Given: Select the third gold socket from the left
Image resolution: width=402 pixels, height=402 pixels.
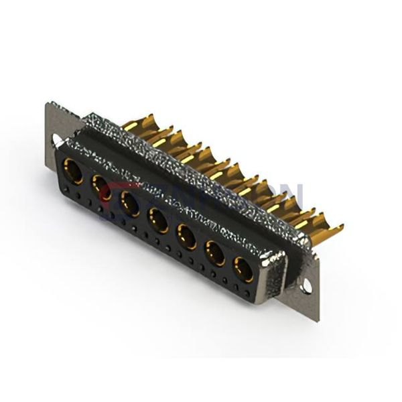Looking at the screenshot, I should tap(129, 202).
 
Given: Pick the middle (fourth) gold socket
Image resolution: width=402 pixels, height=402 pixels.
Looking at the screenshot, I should tap(157, 218).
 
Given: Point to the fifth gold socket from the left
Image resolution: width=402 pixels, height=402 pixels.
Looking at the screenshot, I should tap(186, 236).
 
